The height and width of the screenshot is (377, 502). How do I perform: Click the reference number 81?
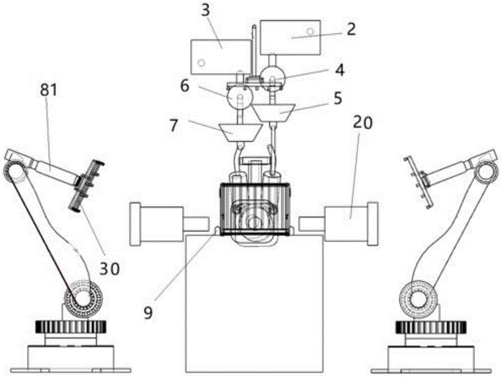click(x=48, y=90)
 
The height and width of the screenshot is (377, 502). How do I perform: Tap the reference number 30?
click(x=109, y=269)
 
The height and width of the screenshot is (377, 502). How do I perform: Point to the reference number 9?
click(x=148, y=313)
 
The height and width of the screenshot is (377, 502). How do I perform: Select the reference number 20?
click(x=363, y=122)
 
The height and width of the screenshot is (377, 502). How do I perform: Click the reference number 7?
click(x=173, y=126)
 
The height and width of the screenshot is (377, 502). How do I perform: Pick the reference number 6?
click(x=185, y=86)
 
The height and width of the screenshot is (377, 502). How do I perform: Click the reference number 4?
click(x=340, y=70)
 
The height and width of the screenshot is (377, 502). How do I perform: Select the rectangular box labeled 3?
click(x=220, y=57)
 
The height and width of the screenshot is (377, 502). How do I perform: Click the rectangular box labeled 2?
click(x=290, y=37)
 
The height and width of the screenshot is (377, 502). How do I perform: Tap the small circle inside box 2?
click(x=310, y=32)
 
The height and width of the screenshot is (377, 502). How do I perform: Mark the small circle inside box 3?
click(x=201, y=62)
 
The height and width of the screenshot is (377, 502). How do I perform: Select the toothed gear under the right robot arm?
click(x=431, y=327)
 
